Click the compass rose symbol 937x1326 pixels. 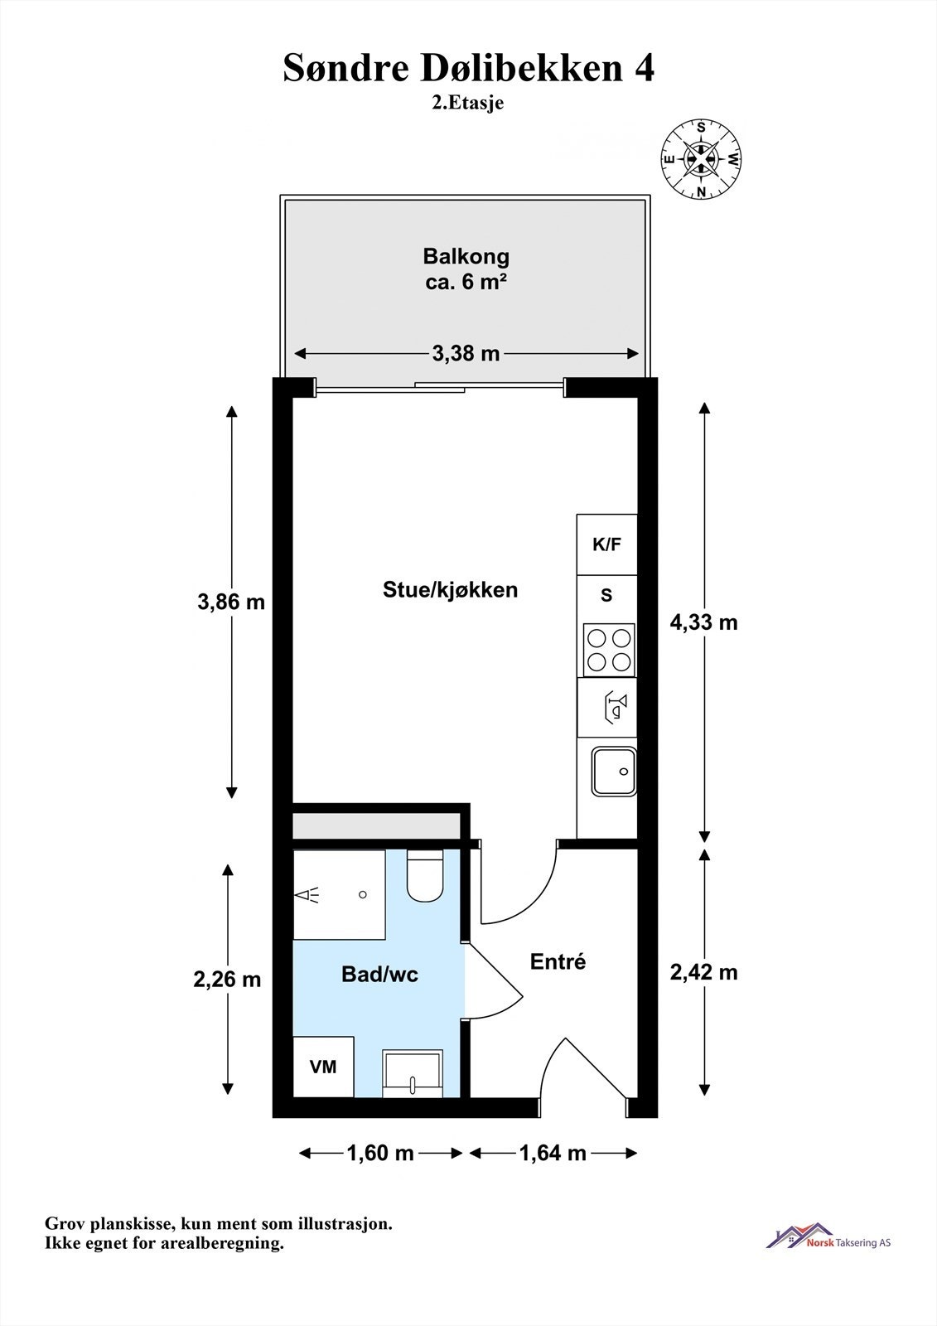pos(701,159)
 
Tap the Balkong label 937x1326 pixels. pos(466,256)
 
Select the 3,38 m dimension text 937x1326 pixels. pos(466,354)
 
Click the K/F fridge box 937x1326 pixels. pos(606,544)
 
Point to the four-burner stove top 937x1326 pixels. pos(609,650)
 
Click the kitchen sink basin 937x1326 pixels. pos(613,772)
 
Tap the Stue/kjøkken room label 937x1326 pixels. pos(450,589)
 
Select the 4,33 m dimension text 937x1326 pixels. pos(703,622)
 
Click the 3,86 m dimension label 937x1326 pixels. pos(231,602)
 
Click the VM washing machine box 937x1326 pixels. pos(323,1067)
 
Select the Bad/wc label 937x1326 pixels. pos(379,975)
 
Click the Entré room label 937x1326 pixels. pos(558,961)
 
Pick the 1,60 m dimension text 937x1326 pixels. pos(380,1153)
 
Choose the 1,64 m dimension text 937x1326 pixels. pos(553,1153)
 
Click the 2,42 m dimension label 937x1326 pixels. pos(703,971)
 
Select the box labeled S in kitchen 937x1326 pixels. pos(606,596)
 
